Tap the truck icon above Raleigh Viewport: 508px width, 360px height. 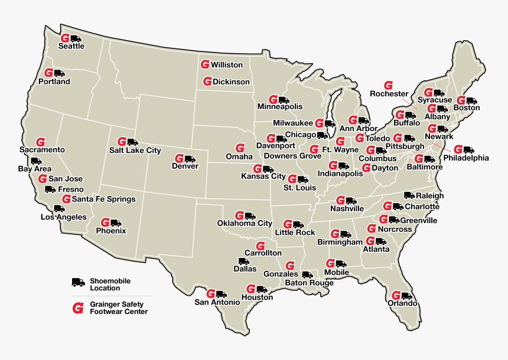[410, 195]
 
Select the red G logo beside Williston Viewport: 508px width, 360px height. [204, 64]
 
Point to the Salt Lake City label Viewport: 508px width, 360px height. [135, 150]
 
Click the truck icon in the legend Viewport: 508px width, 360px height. [79, 283]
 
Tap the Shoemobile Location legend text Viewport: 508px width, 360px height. [110, 284]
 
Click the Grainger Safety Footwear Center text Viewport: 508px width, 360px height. [118, 308]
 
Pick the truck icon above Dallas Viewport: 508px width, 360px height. [244, 261]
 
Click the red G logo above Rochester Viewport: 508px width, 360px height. [389, 85]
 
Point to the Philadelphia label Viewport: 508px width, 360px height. [466, 158]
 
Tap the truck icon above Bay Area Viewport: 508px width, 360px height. [37, 161]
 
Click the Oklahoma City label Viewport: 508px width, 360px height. [245, 224]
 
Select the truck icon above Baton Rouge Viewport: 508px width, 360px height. [307, 274]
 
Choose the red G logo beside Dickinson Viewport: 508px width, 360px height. [207, 81]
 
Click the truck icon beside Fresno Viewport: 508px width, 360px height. [50, 189]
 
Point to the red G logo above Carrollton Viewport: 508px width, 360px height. [260, 245]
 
